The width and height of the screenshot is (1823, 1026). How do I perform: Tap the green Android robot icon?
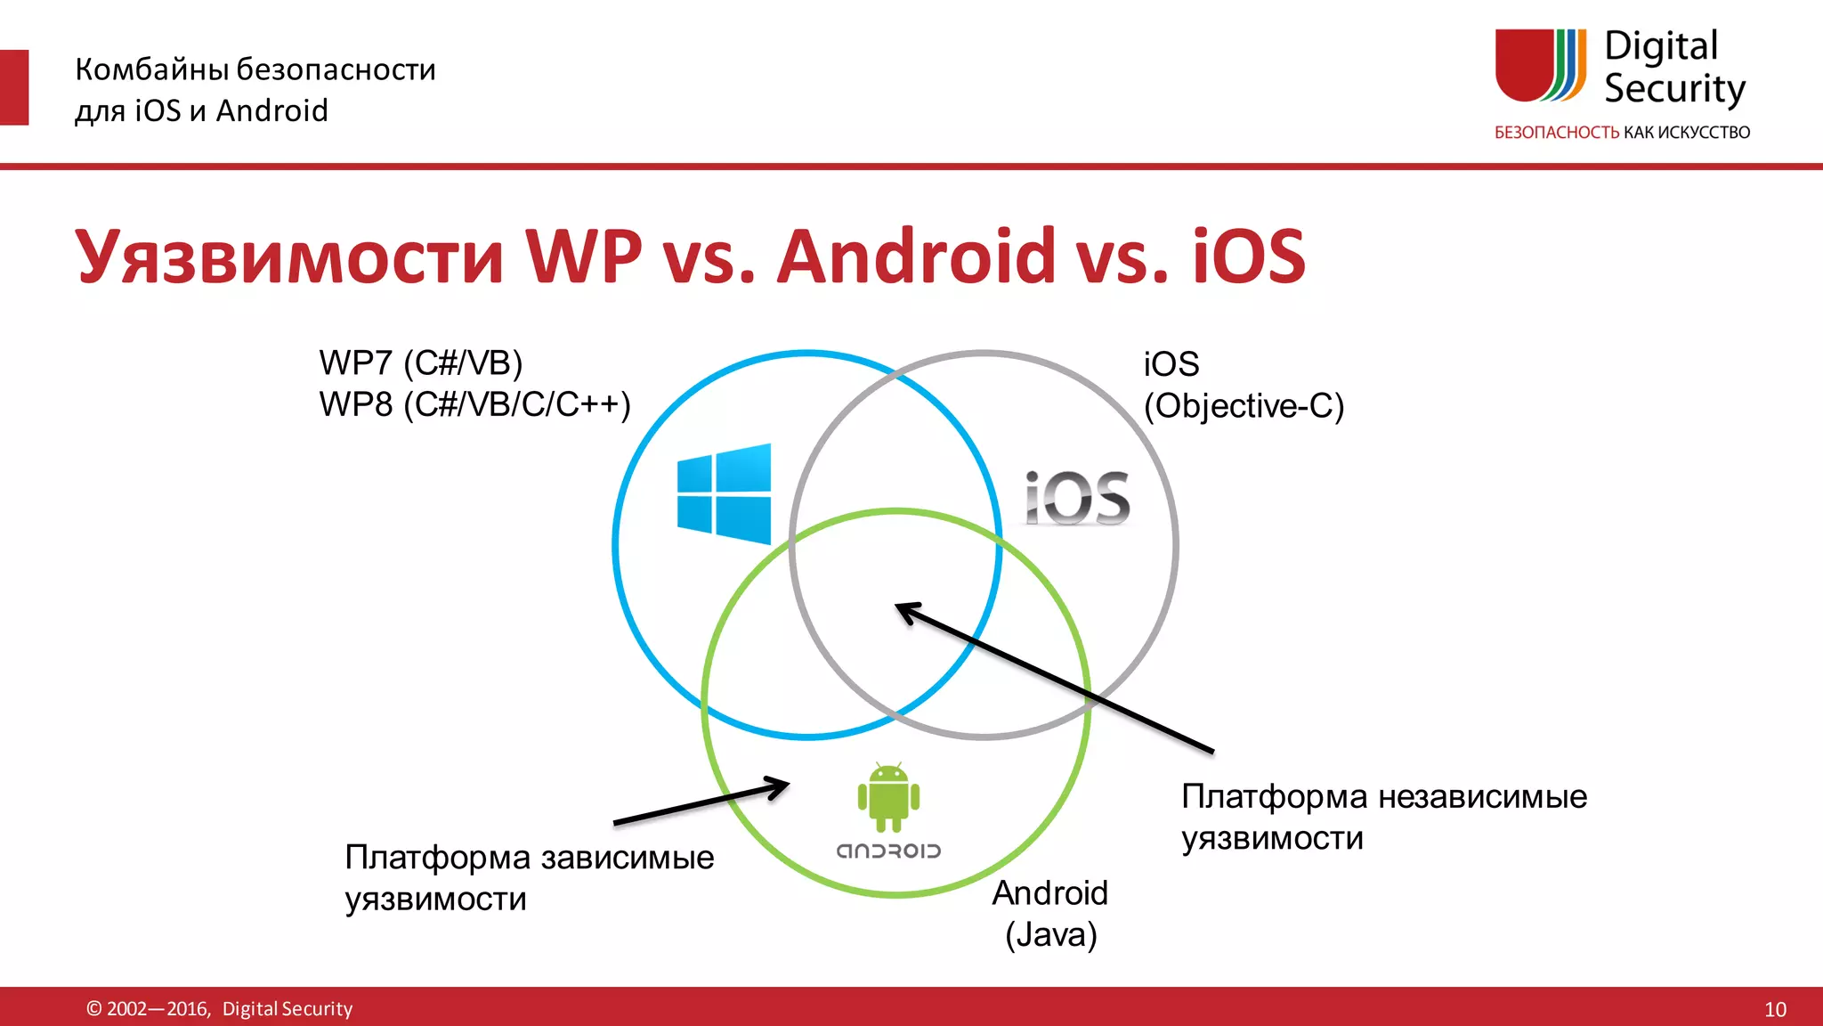click(x=888, y=796)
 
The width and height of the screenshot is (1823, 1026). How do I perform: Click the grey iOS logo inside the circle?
click(x=1077, y=498)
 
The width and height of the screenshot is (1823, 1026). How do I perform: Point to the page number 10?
click(x=1775, y=1009)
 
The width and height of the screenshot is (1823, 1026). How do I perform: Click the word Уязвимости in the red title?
click(x=290, y=257)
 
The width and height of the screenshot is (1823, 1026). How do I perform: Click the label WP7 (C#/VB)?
click(x=420, y=363)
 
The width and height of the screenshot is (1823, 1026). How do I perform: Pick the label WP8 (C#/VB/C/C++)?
click(x=474, y=404)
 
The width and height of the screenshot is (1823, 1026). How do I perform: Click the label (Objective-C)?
click(x=1244, y=406)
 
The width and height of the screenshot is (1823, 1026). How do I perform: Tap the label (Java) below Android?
click(x=1050, y=935)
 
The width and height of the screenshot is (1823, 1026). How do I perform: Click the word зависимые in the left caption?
click(x=627, y=858)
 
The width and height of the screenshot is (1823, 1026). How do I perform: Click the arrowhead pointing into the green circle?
click(x=776, y=786)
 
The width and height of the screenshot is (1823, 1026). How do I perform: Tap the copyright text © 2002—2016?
click(x=148, y=1009)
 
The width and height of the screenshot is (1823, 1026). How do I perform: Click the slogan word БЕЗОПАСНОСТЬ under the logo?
click(x=1556, y=133)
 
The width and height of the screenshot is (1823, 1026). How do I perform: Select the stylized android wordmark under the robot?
click(x=888, y=851)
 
